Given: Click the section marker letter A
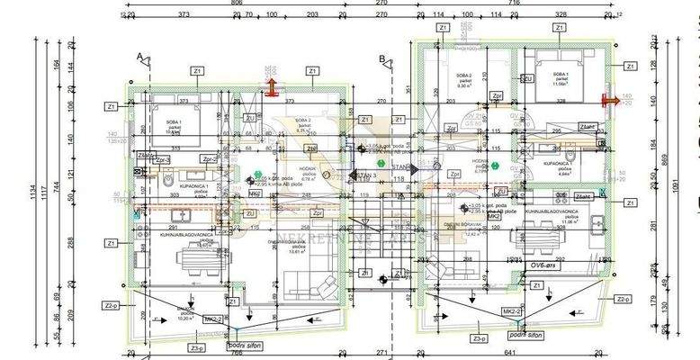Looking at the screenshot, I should (x=140, y=57).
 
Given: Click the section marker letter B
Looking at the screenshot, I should (x=382, y=59).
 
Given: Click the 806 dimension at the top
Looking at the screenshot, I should (x=238, y=4).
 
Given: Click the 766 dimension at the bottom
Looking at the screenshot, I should (x=236, y=352).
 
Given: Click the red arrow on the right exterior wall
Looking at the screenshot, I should (x=609, y=101).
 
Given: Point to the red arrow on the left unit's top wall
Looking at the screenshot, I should (x=271, y=86).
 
